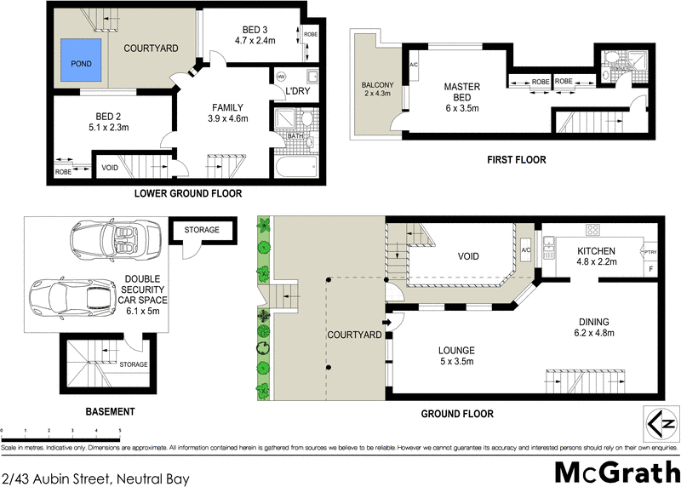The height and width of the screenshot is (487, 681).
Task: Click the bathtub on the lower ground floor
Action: tap(295, 165)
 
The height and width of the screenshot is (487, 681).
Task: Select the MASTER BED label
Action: tap(462, 92)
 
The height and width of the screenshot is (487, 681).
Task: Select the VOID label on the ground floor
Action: tap(468, 256)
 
